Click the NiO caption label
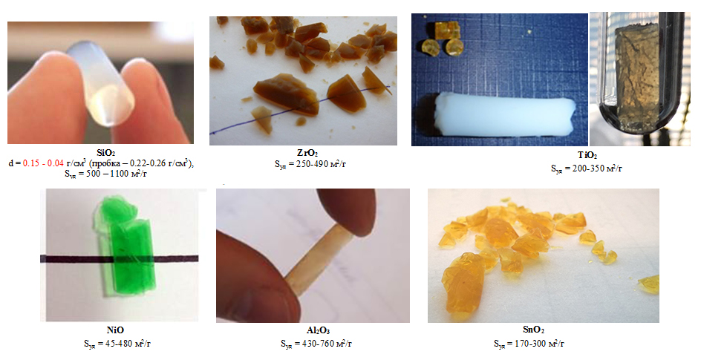(115, 330)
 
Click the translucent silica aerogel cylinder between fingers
(100, 84)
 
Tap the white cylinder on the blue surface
(503, 114)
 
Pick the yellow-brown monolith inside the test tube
(637, 71)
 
